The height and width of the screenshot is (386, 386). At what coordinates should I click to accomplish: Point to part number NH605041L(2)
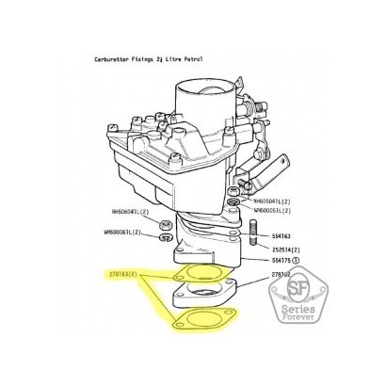275,201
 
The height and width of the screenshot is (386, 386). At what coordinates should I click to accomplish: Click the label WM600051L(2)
275,212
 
